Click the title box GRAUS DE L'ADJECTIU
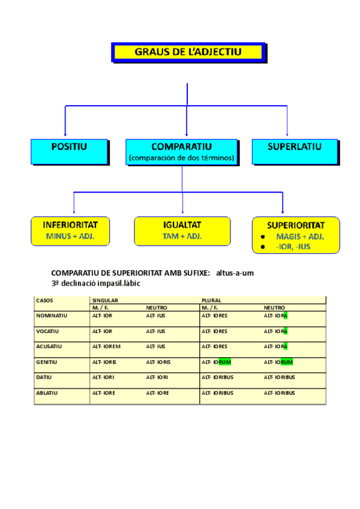[x=188, y=52]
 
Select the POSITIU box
[x=69, y=151]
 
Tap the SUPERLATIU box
[x=294, y=151]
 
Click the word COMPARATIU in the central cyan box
[x=181, y=146]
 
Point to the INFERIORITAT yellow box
[x=70, y=230]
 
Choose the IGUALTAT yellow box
[x=182, y=230]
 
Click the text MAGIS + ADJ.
[x=300, y=236]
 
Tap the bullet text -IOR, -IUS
[x=293, y=246]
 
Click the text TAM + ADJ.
[x=182, y=236]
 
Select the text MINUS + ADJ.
[x=70, y=236]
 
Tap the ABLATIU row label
[x=49, y=393]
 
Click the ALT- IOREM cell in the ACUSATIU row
[x=106, y=346]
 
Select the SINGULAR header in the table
[x=105, y=300]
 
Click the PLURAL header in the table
[x=211, y=300]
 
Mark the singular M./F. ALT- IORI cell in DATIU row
[x=103, y=378]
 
